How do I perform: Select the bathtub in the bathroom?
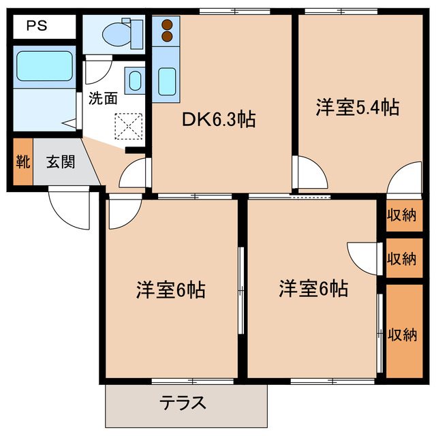click(x=44, y=68)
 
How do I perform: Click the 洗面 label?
click(x=103, y=98)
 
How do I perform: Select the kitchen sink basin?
click(x=168, y=82)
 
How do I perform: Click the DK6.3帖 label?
click(x=217, y=121)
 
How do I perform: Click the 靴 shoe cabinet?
click(x=22, y=163)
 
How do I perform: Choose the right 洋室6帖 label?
click(x=313, y=289)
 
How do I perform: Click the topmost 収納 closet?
click(x=402, y=216)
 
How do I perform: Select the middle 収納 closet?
click(x=402, y=258)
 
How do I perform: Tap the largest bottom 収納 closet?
click(x=402, y=333)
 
